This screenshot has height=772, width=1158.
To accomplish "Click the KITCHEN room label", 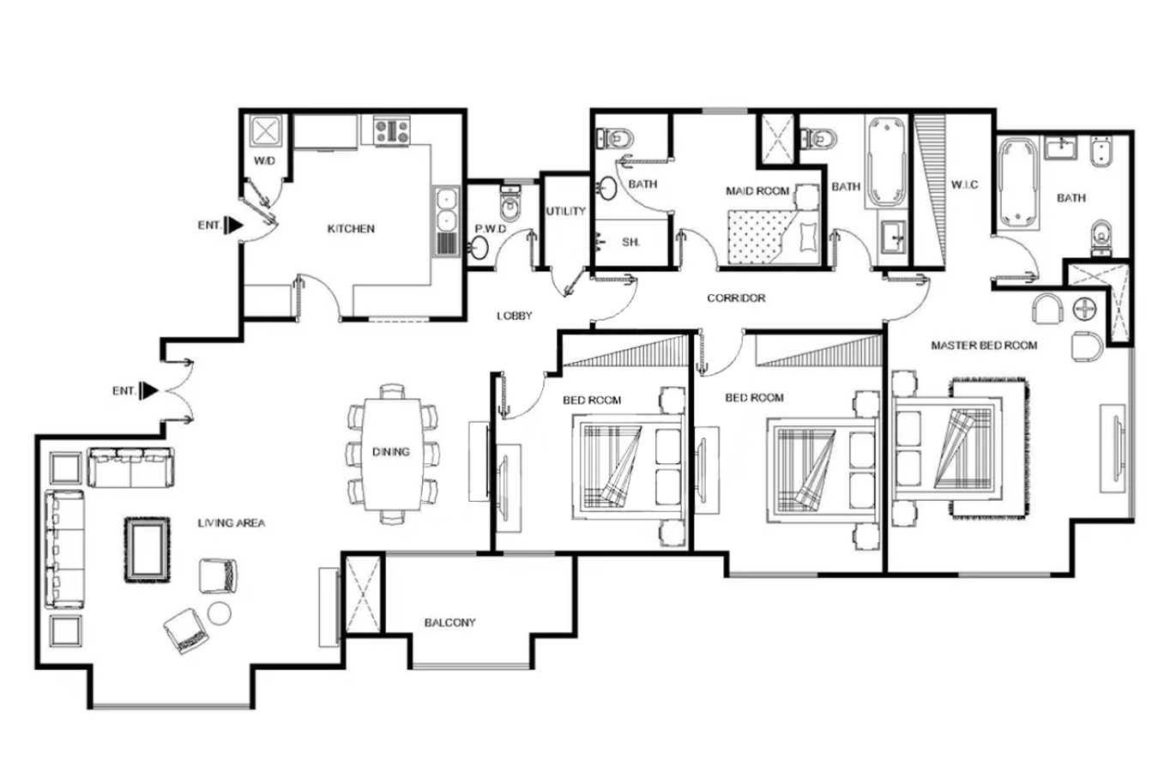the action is click(351, 228).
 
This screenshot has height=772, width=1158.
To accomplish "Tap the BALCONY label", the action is click(449, 623).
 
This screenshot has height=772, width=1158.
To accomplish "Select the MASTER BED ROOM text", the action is click(984, 346).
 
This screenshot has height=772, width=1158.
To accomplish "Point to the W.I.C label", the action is click(965, 184).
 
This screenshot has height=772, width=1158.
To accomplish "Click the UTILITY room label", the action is click(565, 211).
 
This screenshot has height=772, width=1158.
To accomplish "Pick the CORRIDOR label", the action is click(736, 298).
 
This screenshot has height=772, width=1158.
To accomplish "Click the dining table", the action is click(392, 454).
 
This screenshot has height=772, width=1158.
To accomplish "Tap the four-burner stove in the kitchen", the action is click(392, 130).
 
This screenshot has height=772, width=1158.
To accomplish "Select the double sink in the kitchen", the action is click(446, 221).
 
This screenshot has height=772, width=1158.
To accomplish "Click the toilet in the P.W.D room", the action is click(510, 202).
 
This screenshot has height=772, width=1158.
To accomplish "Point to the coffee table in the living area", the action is click(148, 550).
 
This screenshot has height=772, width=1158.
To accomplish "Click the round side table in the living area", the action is click(220, 613).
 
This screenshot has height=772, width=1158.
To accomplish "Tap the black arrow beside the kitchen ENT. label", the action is click(233, 225).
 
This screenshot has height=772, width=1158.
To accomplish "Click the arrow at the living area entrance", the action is click(148, 390).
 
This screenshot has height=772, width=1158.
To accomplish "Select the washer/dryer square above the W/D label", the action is click(265, 130).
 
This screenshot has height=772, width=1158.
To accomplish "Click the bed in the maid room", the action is click(774, 236).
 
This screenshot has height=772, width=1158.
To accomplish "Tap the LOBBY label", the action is click(515, 316).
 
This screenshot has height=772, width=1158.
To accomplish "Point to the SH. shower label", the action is click(630, 242).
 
